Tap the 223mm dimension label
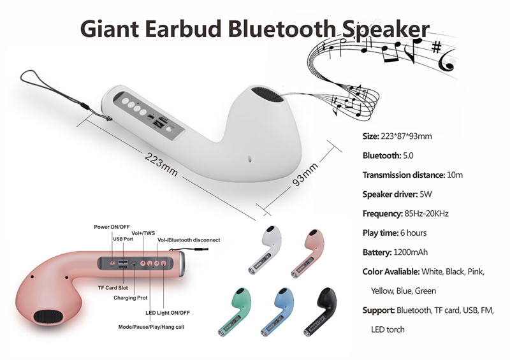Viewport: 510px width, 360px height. point(161,165)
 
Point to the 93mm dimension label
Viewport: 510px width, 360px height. point(305,175)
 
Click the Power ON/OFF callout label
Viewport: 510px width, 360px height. point(112,227)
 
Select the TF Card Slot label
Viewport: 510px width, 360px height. point(113,288)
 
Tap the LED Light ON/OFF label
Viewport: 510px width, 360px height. point(168,313)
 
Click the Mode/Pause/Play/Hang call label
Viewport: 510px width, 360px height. point(151,327)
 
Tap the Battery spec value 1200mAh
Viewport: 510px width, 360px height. point(411,252)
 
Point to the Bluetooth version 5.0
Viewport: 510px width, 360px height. point(408,155)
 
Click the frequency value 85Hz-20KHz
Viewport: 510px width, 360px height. point(426,213)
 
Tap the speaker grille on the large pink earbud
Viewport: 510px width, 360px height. point(48,317)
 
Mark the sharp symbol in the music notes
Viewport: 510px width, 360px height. point(436,47)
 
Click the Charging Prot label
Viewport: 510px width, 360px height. point(131,298)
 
